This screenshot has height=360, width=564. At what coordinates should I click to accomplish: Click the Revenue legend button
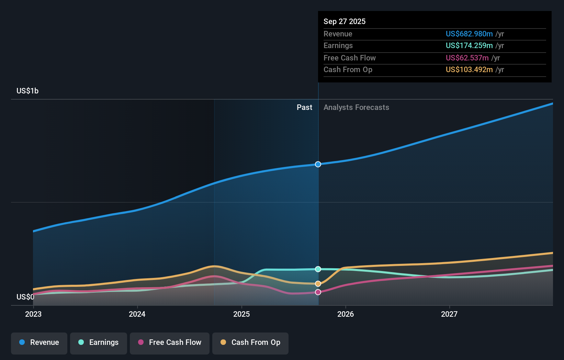point(39,342)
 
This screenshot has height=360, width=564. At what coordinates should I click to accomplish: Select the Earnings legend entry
point(99,342)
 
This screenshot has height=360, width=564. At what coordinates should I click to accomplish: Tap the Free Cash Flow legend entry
point(170,342)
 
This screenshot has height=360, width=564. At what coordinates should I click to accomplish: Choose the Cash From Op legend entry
point(250,342)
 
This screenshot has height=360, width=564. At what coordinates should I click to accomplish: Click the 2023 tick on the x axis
point(33,314)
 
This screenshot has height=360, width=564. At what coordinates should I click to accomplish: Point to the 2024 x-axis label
point(137,314)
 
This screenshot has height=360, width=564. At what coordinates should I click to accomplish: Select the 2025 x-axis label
point(241,314)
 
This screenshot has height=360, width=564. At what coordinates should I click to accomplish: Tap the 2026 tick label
point(346,314)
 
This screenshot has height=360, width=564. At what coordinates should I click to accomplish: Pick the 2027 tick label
point(449,314)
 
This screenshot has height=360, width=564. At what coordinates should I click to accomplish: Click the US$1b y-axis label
point(27,91)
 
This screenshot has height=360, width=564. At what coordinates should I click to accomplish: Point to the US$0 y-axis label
point(25,297)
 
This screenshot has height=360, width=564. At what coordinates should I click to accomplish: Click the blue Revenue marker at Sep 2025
point(318,164)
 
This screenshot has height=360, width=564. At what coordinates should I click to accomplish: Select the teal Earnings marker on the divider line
point(318,269)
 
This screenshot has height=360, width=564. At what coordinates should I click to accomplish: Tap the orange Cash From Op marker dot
point(318,284)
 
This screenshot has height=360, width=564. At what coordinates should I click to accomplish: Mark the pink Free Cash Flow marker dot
point(318,292)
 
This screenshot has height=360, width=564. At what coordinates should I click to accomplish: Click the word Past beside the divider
point(304,108)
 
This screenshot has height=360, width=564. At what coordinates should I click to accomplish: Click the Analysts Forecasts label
point(356,108)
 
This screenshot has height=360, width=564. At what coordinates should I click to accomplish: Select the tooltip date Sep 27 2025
point(345,21)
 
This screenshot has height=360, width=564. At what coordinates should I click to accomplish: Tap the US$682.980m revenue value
point(469,34)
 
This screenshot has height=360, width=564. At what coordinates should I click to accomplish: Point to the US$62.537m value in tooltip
point(467,58)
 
